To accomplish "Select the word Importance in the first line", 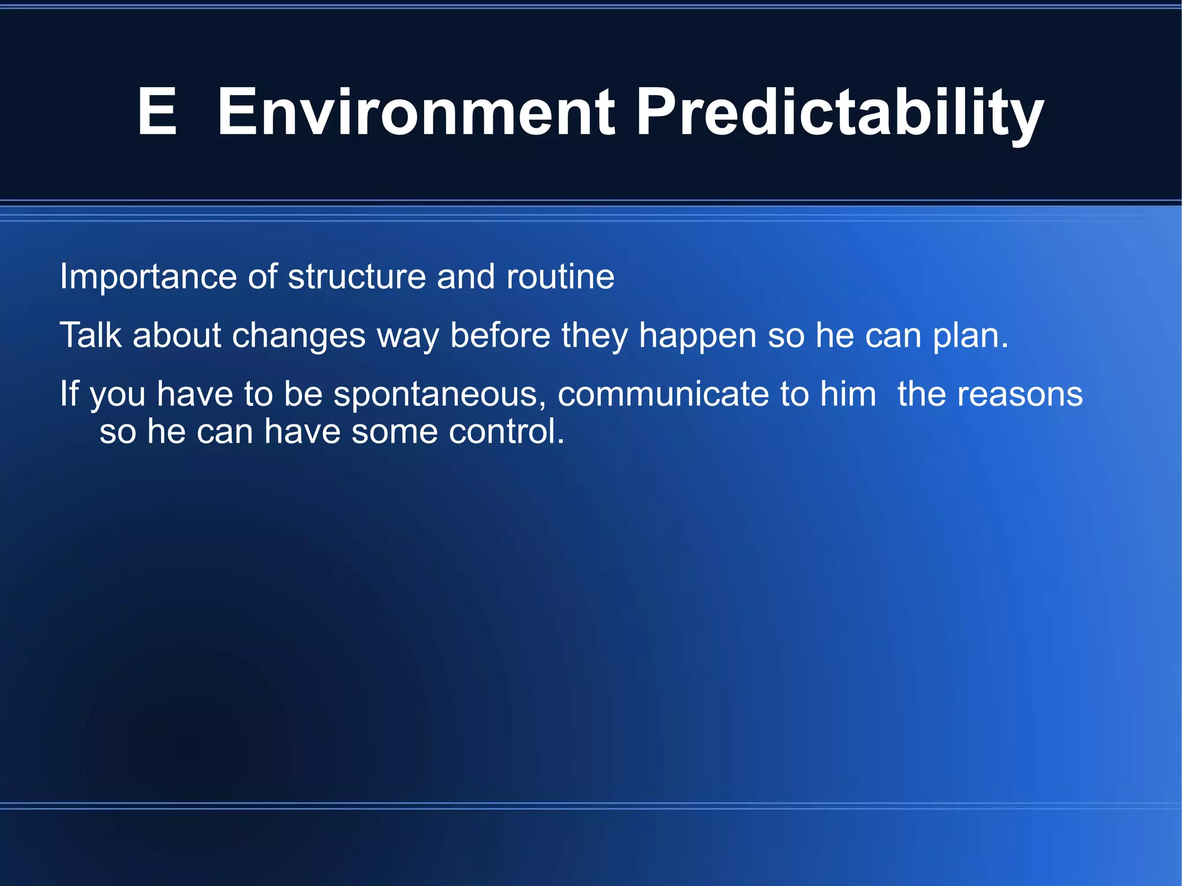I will [148, 277].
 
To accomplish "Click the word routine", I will [560, 277].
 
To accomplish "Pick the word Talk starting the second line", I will [91, 335].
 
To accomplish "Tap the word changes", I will [298, 337].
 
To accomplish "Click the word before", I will [500, 335].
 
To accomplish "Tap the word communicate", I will [663, 394].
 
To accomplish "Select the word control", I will [506, 432].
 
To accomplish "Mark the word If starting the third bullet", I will [69, 394].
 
